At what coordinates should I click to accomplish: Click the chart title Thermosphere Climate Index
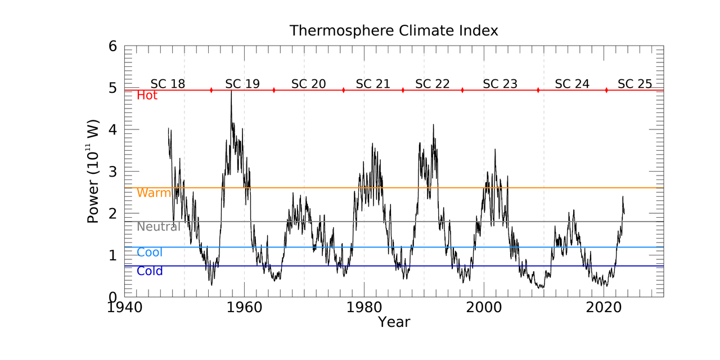click(393, 30)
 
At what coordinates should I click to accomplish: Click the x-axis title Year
click(393, 322)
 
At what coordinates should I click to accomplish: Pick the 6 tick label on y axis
click(112, 46)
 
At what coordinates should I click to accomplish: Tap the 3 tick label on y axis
click(112, 171)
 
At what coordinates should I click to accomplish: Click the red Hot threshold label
click(147, 96)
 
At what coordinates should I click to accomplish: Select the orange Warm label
click(154, 193)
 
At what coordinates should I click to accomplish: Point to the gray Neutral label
click(158, 227)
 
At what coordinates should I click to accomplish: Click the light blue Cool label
click(149, 253)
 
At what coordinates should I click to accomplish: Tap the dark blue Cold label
click(150, 271)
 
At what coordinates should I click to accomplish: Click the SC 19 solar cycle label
click(242, 84)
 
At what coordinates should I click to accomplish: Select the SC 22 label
click(432, 84)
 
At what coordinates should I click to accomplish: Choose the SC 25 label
click(634, 84)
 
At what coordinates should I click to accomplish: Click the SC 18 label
click(168, 84)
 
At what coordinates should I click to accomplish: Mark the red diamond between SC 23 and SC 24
click(538, 90)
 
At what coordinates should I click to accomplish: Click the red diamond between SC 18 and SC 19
click(211, 90)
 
